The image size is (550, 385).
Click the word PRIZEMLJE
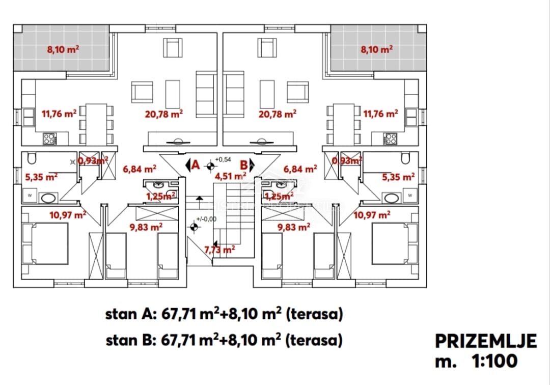point(486,341)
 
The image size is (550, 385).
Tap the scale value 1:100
point(494,362)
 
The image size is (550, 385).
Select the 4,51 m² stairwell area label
point(230,177)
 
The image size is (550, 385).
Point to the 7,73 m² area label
point(219,250)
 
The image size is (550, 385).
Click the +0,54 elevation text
point(223,159)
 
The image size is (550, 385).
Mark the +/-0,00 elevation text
point(206,218)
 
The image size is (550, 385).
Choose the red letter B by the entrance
point(244,164)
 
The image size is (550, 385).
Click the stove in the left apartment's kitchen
point(49,139)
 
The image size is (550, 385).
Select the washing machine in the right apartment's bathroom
point(409,195)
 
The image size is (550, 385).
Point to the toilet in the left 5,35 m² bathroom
point(31,159)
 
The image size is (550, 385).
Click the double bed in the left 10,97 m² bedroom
point(47,243)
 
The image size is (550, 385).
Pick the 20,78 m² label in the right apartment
point(277,115)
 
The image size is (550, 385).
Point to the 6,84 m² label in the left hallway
point(140,168)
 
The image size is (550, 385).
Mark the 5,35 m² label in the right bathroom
point(398,177)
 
